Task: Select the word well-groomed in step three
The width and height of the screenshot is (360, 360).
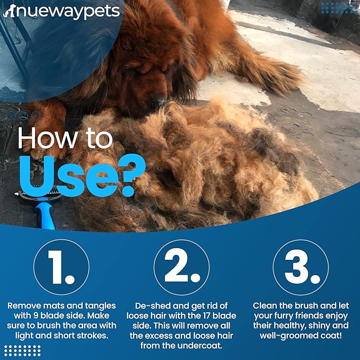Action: pos(284,336)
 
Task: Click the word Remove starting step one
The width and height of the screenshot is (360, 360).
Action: pos(24,306)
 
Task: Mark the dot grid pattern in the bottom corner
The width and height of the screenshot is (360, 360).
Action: pos(22,350)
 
